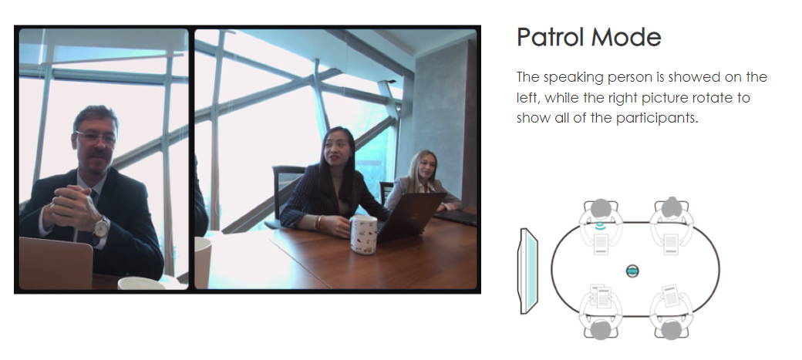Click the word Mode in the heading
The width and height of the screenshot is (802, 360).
point(626,37)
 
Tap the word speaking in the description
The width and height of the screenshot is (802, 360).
point(574,78)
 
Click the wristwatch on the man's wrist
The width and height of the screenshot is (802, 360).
point(101,227)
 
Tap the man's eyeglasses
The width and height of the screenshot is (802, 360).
point(96,137)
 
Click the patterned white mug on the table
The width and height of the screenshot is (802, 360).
point(364,234)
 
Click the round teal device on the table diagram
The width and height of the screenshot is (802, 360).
point(632,271)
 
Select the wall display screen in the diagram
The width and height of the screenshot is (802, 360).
point(528,271)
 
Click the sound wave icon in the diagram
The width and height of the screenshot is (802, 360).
point(601,226)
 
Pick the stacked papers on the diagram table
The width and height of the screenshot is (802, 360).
point(601,297)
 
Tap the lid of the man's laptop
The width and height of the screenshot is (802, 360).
point(56,263)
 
